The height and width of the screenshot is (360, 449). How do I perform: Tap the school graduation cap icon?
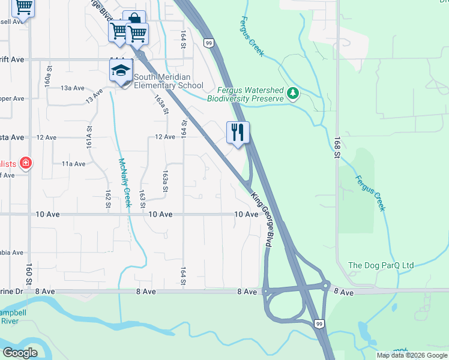point(121,71)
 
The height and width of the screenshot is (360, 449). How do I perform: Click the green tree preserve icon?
point(293,93)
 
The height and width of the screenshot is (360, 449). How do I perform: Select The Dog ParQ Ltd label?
point(381,265)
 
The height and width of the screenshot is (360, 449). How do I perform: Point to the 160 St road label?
point(28,275)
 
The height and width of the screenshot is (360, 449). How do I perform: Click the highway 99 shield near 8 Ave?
point(319,324)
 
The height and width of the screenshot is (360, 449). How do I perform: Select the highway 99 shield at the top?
point(208,43)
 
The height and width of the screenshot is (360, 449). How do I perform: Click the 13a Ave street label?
point(72,88)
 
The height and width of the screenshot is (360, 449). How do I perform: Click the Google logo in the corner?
point(20,353)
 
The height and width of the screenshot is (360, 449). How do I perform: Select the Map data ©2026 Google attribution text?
point(412,355)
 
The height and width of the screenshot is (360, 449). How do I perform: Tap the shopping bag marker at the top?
point(134,20)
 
